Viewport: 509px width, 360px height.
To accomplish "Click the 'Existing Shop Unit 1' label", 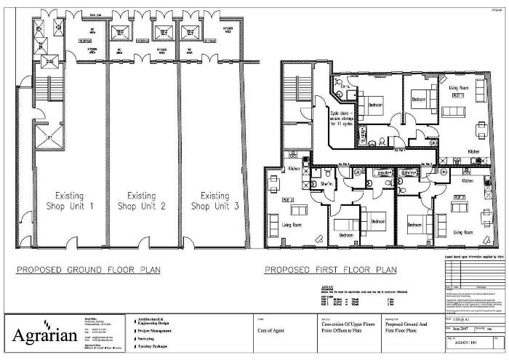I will tap(71, 201).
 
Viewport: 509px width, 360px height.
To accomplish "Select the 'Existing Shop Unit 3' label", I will tap(215, 201).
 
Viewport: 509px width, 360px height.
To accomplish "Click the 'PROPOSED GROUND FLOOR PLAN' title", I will tap(89, 270).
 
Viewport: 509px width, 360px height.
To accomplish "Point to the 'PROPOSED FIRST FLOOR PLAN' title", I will tap(331, 270).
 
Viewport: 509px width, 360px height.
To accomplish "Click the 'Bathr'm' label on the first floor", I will tap(409, 172).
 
